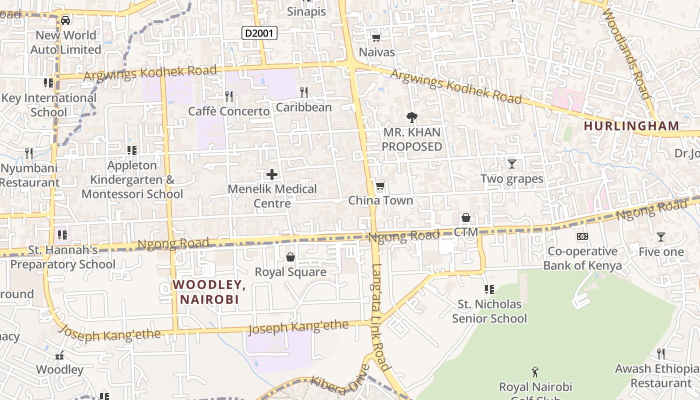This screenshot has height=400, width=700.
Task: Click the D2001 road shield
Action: pyautogui.click(x=259, y=33)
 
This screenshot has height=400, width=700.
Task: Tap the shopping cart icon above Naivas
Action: pyautogui.click(x=376, y=37)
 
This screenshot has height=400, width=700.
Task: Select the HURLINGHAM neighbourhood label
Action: pyautogui.click(x=631, y=126)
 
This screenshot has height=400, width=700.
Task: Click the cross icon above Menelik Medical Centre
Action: pyautogui.click(x=272, y=174)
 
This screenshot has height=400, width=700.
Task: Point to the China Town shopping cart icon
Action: pyautogui.click(x=380, y=186)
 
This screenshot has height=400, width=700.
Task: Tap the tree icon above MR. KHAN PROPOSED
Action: pyautogui.click(x=412, y=117)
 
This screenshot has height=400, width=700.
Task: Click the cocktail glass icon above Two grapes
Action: pyautogui.click(x=511, y=163)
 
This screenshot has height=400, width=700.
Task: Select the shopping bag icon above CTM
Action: pyautogui.click(x=466, y=217)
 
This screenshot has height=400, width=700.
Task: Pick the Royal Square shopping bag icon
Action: pyautogui.click(x=290, y=257)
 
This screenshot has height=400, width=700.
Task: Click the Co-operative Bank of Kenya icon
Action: pyautogui.click(x=582, y=236)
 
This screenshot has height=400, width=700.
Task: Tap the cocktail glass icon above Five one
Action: pyautogui.click(x=661, y=237)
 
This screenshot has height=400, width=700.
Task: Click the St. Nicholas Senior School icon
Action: pyautogui.click(x=489, y=289)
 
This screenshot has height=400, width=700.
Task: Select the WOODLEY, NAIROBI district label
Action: pyautogui.click(x=209, y=292)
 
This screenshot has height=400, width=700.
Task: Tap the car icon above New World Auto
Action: pyautogui.click(x=65, y=20)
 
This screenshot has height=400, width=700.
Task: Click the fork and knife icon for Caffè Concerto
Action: pyautogui.click(x=229, y=95)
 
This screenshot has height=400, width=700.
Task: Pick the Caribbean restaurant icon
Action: pyautogui.click(x=303, y=92)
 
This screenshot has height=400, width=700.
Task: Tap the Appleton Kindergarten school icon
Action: pyautogui.click(x=132, y=150)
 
